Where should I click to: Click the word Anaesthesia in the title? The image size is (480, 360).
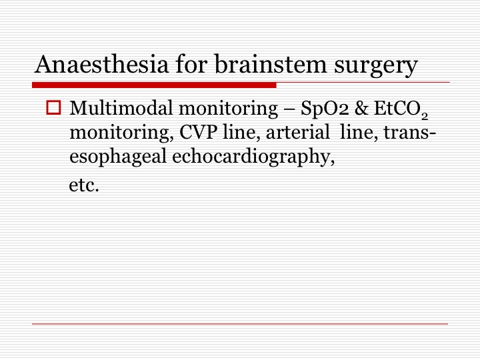tap(101, 64)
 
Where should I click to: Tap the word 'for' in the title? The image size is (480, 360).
tap(192, 64)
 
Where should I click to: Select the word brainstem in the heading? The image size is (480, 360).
tap(271, 64)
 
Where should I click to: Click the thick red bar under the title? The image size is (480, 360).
tap(154, 85)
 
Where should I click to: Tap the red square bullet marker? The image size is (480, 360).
tap(53, 107)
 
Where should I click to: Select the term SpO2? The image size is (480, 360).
tap(325, 109)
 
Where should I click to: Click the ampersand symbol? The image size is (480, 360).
tap(361, 109)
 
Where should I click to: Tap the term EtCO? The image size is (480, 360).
tap(397, 109)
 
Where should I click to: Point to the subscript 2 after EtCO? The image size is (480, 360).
tap(424, 116)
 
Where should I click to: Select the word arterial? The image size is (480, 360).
tap(297, 133)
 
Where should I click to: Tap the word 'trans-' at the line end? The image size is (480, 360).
tap(409, 133)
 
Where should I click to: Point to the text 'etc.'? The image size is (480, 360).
tap(84, 185)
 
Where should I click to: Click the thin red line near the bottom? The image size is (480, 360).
tap(240, 323)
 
